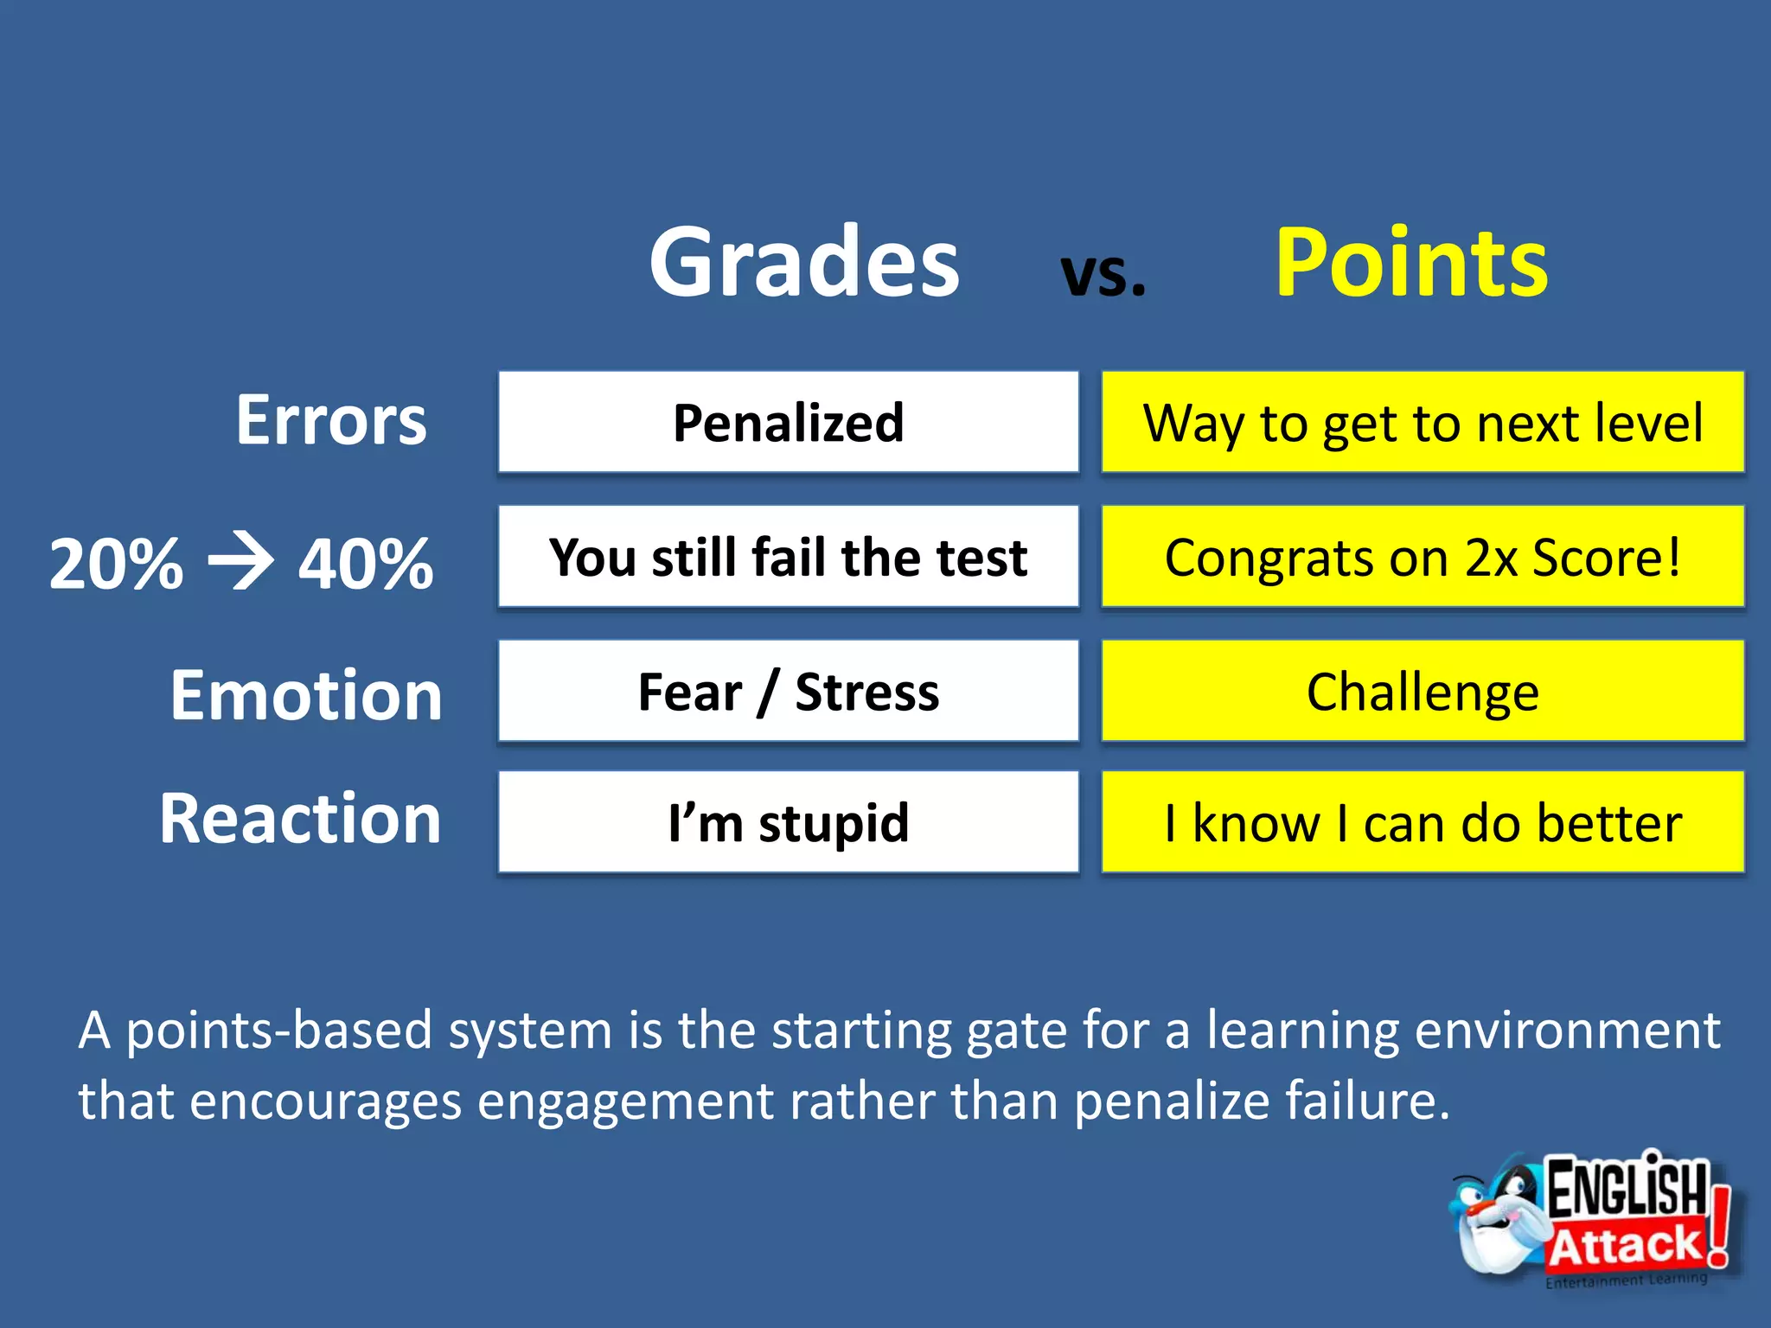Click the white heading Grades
803,262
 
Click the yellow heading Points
1411,262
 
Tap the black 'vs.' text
1103,274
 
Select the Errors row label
331,420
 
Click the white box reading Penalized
788,422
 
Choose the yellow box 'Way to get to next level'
1423,422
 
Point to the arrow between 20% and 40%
241,563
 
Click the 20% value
116,564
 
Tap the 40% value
366,564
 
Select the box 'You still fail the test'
788,557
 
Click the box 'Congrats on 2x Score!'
1423,557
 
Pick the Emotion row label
306,695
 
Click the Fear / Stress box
788,691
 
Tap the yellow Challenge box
1423,691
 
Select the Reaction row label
300,818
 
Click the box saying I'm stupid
788,821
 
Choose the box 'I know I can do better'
1423,821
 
